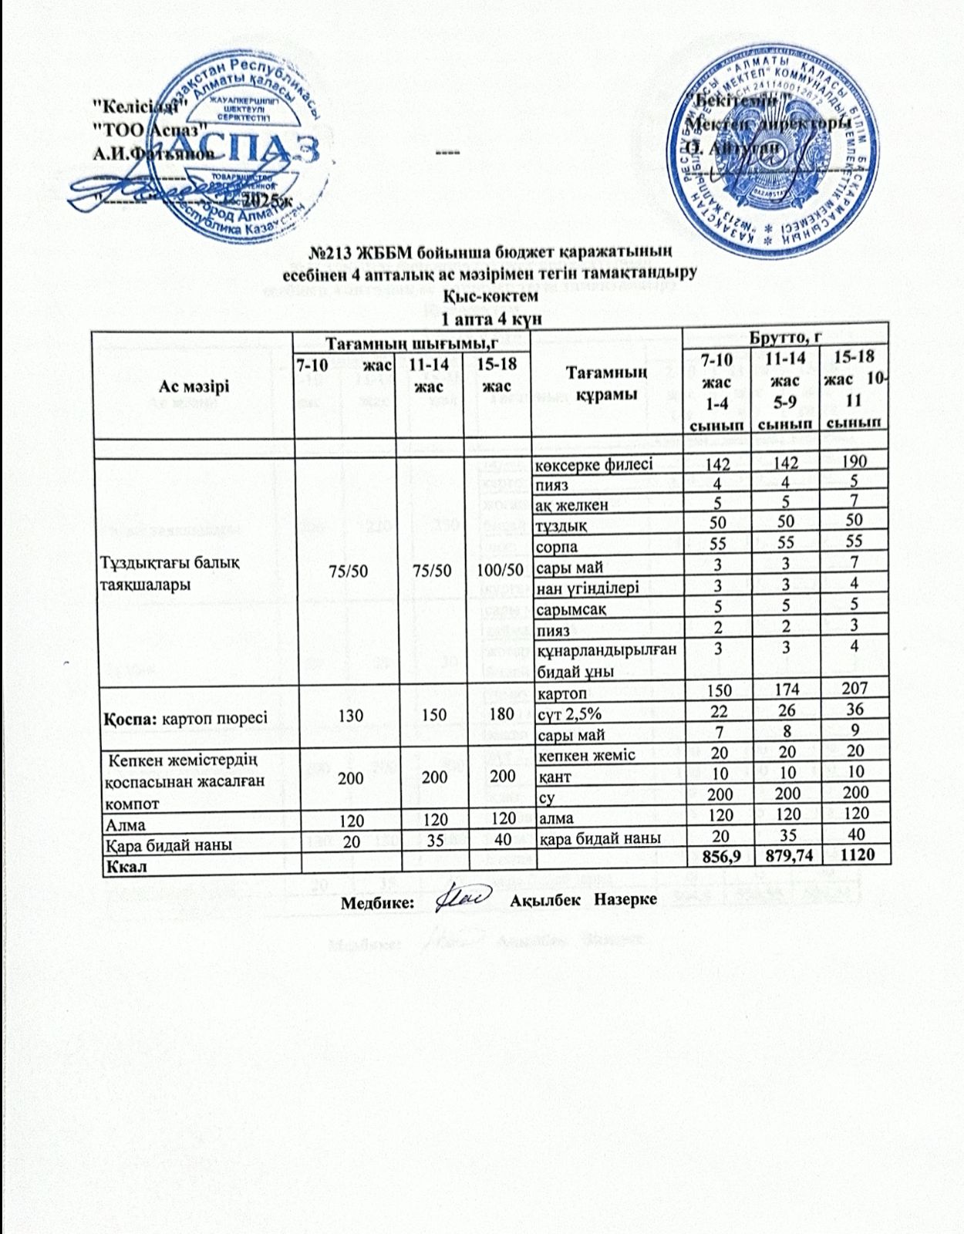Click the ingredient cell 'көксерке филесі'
pos(594,464)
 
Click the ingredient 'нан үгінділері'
pos(587,588)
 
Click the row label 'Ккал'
pos(121,865)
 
